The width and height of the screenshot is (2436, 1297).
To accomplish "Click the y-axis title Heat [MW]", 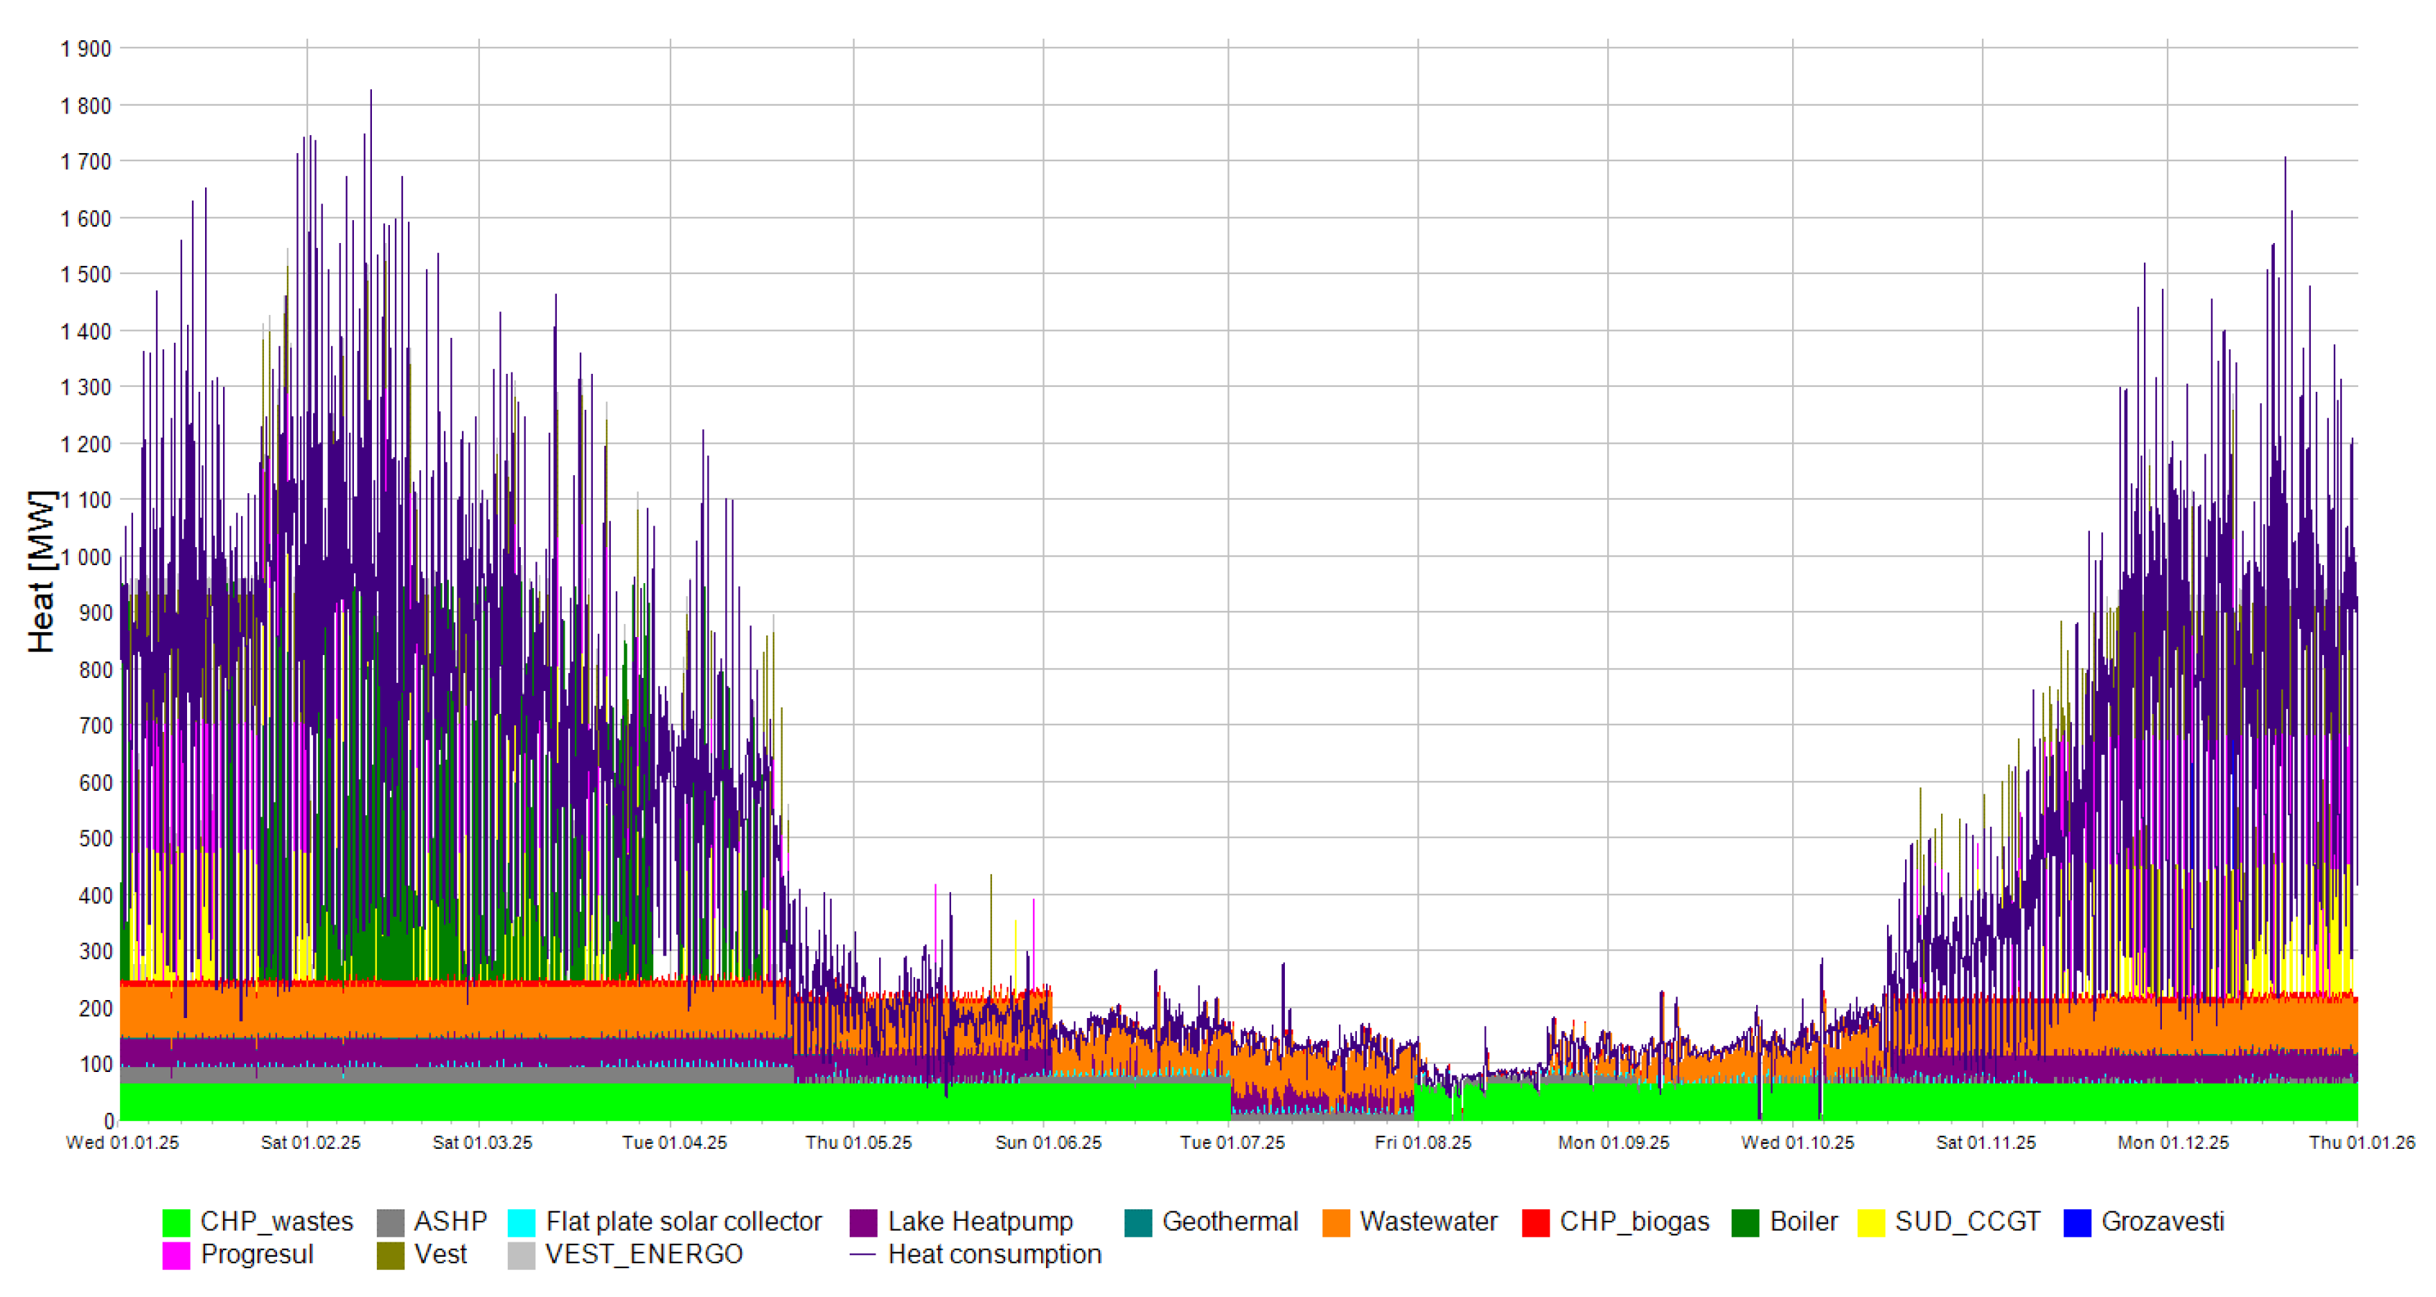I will click(x=41, y=572).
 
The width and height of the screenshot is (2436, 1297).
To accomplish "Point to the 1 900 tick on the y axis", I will click(x=86, y=49).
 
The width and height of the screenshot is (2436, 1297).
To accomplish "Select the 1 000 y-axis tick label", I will click(x=86, y=556).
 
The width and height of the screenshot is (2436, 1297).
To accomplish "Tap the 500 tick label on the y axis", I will click(x=96, y=838).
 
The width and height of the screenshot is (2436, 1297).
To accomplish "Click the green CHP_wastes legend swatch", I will click(x=176, y=1222).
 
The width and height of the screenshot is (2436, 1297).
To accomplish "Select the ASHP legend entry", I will click(x=450, y=1222).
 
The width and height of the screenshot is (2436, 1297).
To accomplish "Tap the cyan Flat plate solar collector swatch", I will click(x=521, y=1222).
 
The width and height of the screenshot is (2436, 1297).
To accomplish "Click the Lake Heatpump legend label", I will click(x=980, y=1222).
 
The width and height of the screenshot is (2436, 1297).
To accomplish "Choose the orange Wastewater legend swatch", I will click(x=1335, y=1222).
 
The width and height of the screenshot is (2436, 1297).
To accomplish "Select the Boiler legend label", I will click(x=1804, y=1222).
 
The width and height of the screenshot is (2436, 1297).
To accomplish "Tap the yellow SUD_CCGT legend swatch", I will click(x=1871, y=1222).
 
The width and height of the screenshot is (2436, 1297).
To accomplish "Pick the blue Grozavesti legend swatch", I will click(x=2077, y=1222).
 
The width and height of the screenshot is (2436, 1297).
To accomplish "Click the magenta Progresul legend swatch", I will click(x=176, y=1255).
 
